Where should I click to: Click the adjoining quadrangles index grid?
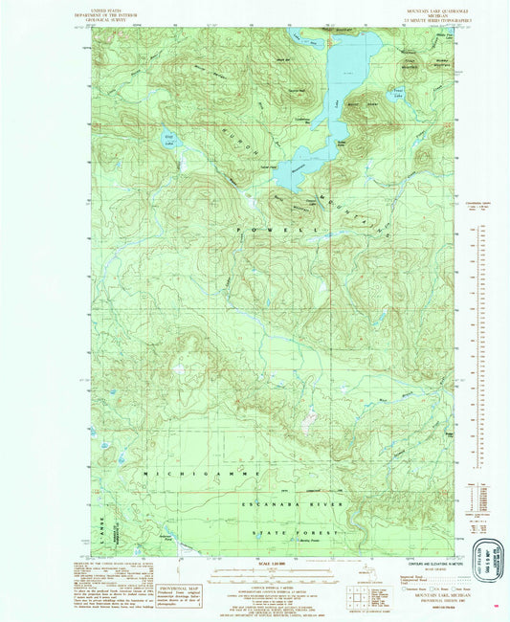tap(361, 590)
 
